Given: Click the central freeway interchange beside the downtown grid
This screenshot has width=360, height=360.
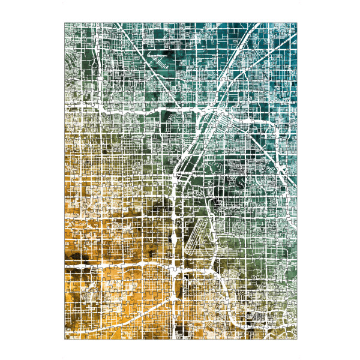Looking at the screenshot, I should point(211,110).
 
